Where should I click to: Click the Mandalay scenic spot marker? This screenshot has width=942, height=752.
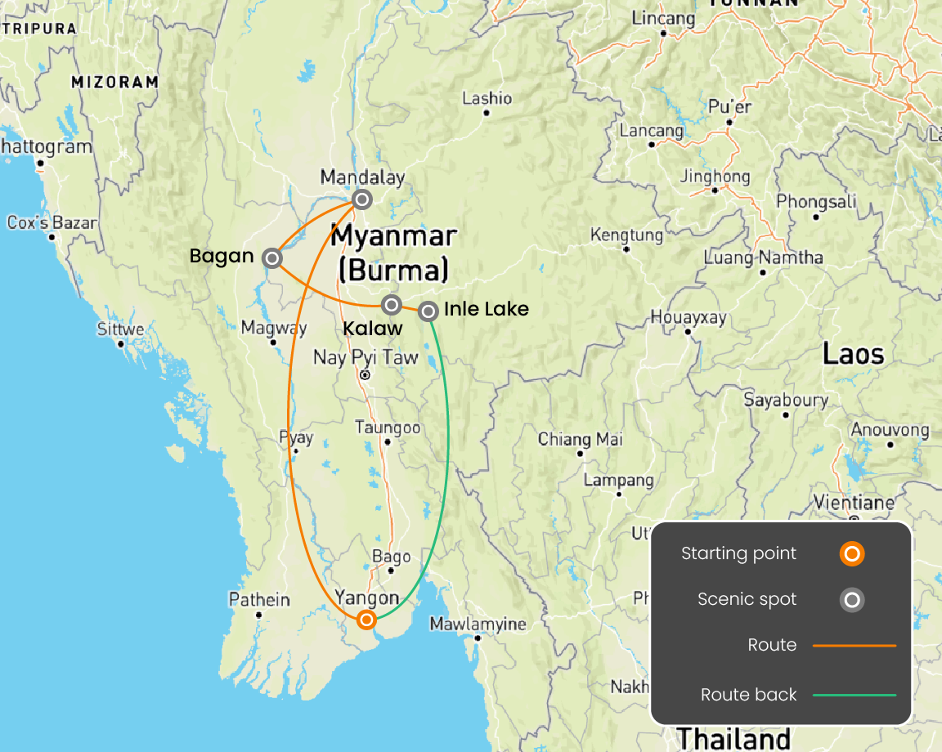pyautogui.click(x=361, y=199)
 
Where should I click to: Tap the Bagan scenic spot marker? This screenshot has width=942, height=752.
pyautogui.click(x=272, y=258)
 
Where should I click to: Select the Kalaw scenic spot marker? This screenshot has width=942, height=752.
pyautogui.click(x=392, y=305)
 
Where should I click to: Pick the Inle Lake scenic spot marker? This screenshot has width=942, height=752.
pyautogui.click(x=428, y=311)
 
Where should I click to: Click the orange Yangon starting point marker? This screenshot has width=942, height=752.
pyautogui.click(x=367, y=619)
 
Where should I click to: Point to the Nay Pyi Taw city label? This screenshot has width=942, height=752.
pyautogui.click(x=366, y=358)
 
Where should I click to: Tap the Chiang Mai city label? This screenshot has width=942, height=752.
pyautogui.click(x=580, y=439)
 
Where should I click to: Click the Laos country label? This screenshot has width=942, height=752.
pyautogui.click(x=853, y=354)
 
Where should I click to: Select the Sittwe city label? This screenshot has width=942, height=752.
pyautogui.click(x=120, y=329)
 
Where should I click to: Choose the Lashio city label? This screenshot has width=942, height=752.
pyautogui.click(x=487, y=99)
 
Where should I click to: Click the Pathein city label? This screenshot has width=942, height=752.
pyautogui.click(x=259, y=600)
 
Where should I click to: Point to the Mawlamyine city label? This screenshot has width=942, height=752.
pyautogui.click(x=478, y=624)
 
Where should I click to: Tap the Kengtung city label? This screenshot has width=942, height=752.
pyautogui.click(x=626, y=235)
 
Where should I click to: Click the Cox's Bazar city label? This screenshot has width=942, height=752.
pyautogui.click(x=52, y=222)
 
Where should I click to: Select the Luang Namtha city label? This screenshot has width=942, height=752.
pyautogui.click(x=764, y=257)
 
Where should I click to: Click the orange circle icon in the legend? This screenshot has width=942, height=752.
pyautogui.click(x=851, y=554)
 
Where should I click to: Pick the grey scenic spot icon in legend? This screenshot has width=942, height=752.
pyautogui.click(x=851, y=600)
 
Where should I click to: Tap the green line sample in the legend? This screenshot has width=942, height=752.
pyautogui.click(x=855, y=695)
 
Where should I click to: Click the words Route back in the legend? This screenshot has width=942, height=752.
pyautogui.click(x=748, y=695)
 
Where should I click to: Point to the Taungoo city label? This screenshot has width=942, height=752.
pyautogui.click(x=388, y=427)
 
